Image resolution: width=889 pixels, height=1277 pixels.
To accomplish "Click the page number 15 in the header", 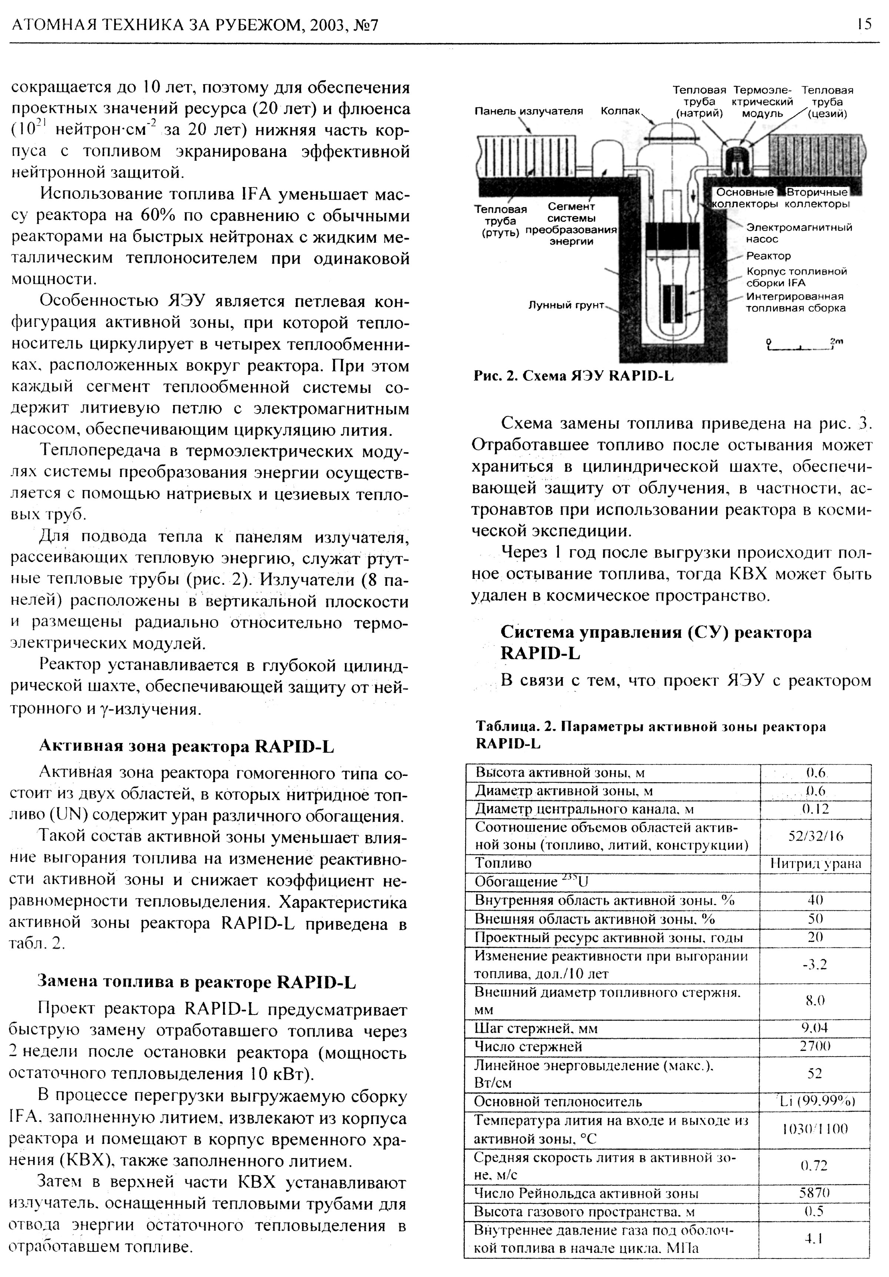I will coord(864,24).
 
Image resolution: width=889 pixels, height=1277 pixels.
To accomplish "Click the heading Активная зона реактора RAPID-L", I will coord(186,746).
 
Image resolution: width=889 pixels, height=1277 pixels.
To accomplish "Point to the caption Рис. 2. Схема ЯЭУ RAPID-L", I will coord(573,376).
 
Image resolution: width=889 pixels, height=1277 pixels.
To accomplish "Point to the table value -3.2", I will coord(815,964).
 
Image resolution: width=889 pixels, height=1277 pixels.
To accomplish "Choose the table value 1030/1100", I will coord(815,1128).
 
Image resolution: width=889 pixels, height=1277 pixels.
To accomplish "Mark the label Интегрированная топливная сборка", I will coord(796,302).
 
